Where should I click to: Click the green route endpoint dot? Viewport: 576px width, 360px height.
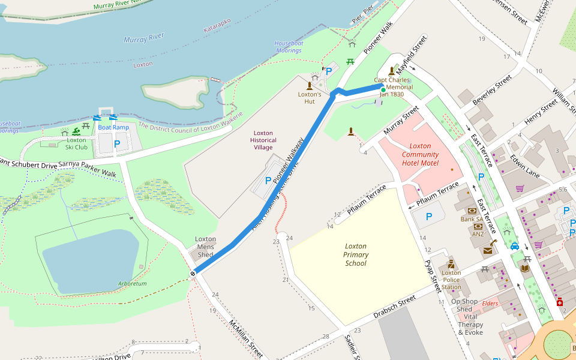(x=383, y=90)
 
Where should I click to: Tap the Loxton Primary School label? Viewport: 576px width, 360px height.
(x=356, y=254)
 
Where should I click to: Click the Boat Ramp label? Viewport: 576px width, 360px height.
(x=113, y=127)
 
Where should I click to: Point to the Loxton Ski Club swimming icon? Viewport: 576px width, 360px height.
(x=76, y=131)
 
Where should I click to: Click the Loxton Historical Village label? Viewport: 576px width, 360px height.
(x=263, y=140)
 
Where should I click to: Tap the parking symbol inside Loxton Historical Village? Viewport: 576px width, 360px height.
(x=268, y=180)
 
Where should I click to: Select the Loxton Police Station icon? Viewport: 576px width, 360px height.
(x=451, y=264)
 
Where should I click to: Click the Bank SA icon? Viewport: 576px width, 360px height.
(x=472, y=211)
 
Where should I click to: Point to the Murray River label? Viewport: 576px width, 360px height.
(x=143, y=38)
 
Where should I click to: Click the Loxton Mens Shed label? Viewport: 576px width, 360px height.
(x=205, y=244)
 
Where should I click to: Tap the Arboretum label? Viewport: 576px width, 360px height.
(x=133, y=283)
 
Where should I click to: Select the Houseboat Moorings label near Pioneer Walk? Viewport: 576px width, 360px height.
(x=288, y=47)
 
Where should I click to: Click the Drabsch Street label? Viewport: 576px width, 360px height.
(x=394, y=307)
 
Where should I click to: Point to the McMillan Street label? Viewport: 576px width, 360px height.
(x=245, y=338)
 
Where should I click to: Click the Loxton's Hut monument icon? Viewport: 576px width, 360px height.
(x=310, y=85)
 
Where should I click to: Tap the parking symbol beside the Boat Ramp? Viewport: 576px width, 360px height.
(x=117, y=143)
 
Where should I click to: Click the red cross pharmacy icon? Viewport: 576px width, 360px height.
(x=559, y=301)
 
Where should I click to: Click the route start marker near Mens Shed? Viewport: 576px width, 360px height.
(x=193, y=274)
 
